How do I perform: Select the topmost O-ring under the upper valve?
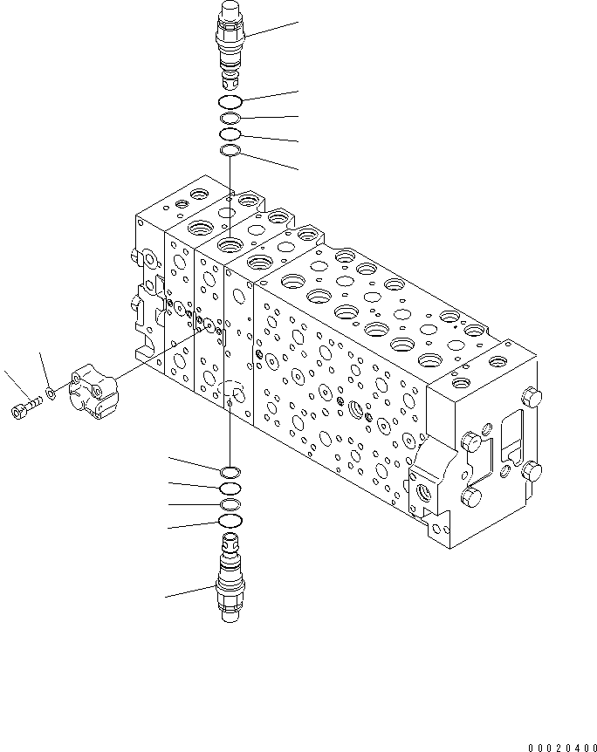pos(231,103)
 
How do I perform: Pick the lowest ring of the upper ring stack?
pos(230,152)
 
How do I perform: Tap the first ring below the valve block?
pos(231,472)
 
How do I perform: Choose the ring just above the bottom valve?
pos(230,522)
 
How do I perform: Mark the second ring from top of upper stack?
pos(230,119)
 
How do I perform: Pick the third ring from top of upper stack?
pos(230,135)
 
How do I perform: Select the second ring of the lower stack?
pos(230,489)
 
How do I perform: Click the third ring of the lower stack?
pos(230,505)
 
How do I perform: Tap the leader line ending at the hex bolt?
pos(13,385)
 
